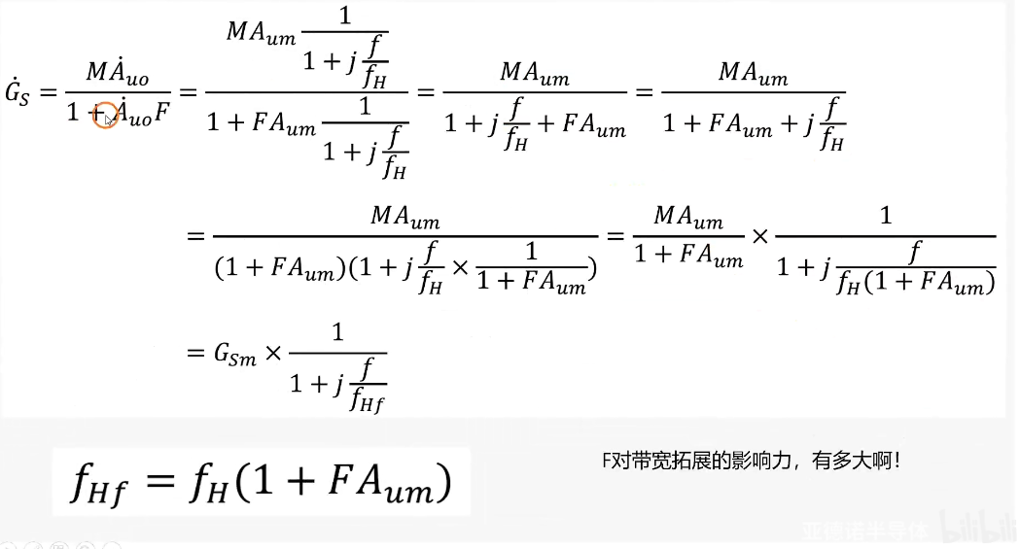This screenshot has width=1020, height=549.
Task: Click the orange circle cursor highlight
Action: [105, 116]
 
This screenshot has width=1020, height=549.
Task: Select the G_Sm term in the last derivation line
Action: [235, 356]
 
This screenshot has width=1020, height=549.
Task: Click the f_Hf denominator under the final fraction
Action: [368, 397]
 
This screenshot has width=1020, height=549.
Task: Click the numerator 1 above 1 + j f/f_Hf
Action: [337, 333]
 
